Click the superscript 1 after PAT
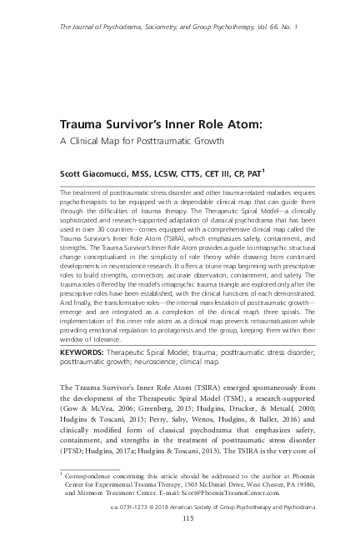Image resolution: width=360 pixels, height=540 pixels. tap(263, 171)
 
